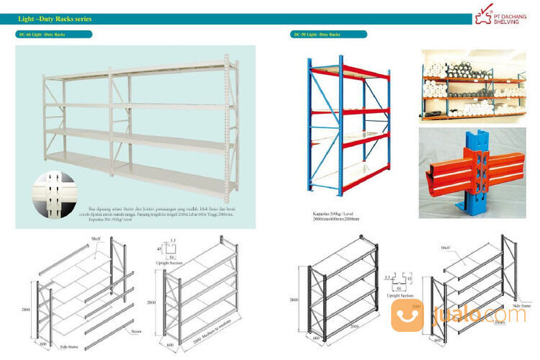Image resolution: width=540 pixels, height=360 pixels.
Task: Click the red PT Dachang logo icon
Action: [480, 17]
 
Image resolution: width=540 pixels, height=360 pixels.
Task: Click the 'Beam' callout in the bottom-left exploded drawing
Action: [136, 332]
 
